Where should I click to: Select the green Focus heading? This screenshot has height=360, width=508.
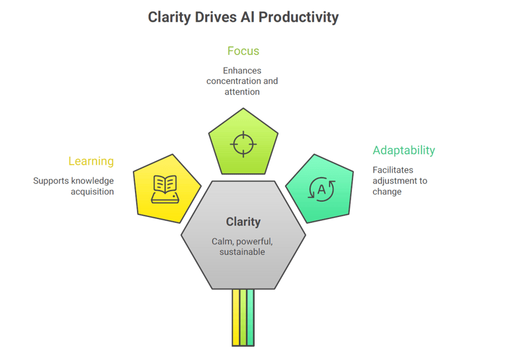[x=243, y=51]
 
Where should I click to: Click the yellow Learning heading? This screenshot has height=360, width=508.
[x=91, y=161]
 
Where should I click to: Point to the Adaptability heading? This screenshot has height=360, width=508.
[x=403, y=150]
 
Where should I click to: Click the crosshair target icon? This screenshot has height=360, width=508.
[x=243, y=143]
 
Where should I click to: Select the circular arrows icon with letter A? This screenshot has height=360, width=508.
[x=322, y=189]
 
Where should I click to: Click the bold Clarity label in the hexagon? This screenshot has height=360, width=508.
[x=243, y=222]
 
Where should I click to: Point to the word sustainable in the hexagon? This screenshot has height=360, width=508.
[x=242, y=251]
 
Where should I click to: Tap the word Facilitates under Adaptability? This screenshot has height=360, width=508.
[x=393, y=170]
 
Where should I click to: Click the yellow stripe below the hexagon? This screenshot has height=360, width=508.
[x=235, y=318]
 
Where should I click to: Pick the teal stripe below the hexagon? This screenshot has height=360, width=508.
[x=250, y=318]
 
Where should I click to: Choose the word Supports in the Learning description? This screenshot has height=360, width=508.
[x=50, y=181]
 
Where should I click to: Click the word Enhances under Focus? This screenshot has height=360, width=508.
[x=242, y=71]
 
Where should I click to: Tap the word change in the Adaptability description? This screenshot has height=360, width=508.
[x=387, y=192]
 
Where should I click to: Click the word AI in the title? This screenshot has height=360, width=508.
[x=246, y=17]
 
